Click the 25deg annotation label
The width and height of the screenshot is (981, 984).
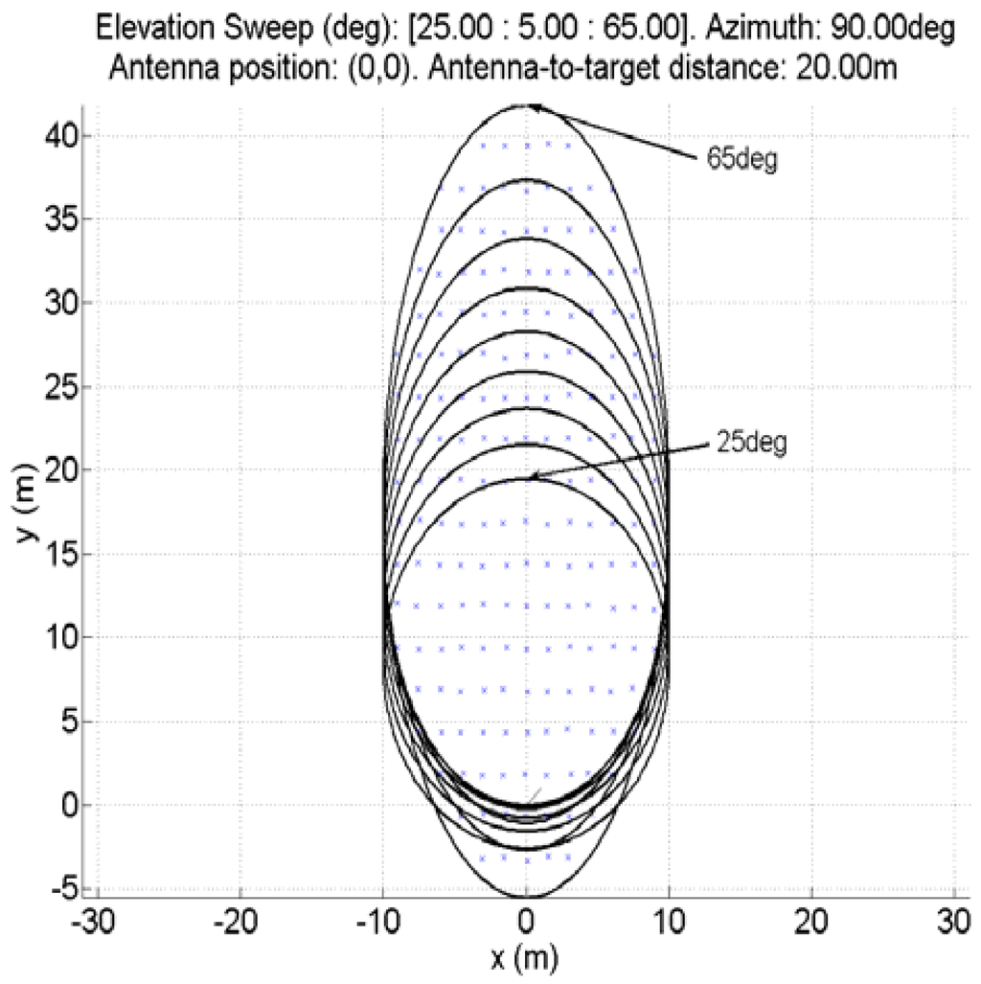[x=750, y=445]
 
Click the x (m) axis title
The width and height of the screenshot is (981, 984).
[x=524, y=956]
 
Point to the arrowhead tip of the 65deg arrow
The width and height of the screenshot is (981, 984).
[x=531, y=106]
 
